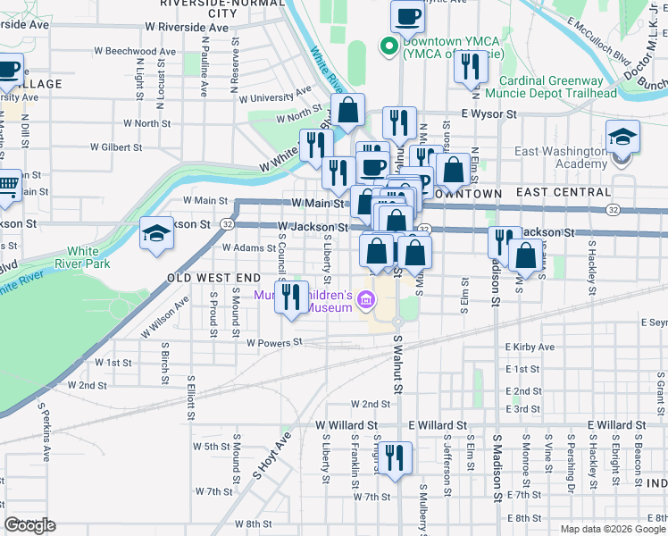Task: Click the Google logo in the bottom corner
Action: [29, 525]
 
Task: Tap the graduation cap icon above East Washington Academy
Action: [622, 137]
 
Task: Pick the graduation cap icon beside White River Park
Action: [156, 233]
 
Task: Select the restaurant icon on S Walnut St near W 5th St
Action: [396, 458]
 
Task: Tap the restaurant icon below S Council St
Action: [289, 296]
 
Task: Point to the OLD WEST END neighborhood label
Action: [211, 279]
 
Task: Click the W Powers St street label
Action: [274, 342]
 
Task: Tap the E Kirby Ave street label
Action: [530, 347]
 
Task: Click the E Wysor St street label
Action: [488, 114]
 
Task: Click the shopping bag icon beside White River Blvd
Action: [348, 111]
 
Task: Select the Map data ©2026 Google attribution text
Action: [612, 529]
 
